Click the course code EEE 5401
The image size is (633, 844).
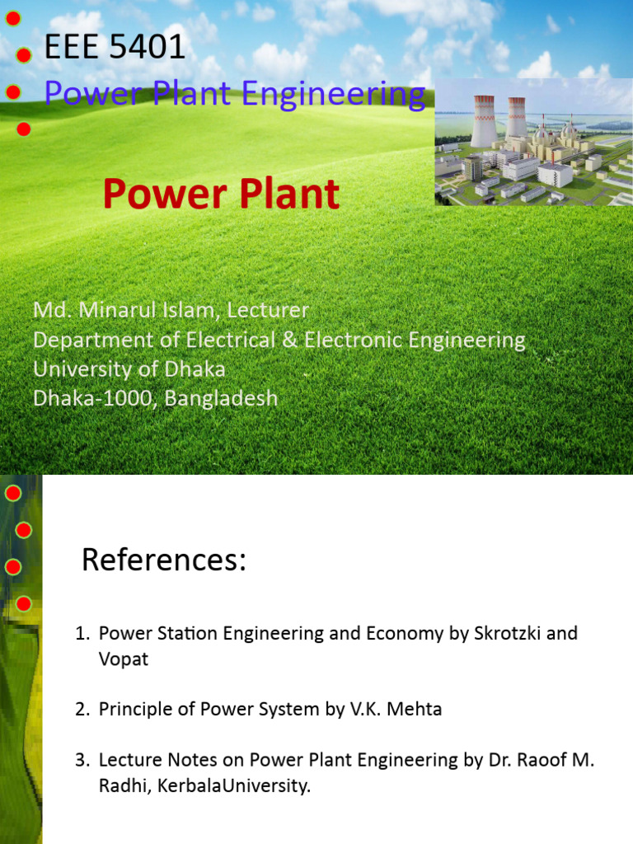pyautogui.click(x=115, y=48)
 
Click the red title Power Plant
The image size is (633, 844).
pyautogui.click(x=221, y=195)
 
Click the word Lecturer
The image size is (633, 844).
pyautogui.click(x=268, y=311)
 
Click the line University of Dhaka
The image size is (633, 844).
pyautogui.click(x=129, y=369)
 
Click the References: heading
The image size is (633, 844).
pyautogui.click(x=164, y=560)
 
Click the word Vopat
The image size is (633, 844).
pyautogui.click(x=124, y=660)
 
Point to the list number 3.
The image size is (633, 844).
pyautogui.click(x=82, y=760)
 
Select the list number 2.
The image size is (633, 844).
pyautogui.click(x=82, y=710)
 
